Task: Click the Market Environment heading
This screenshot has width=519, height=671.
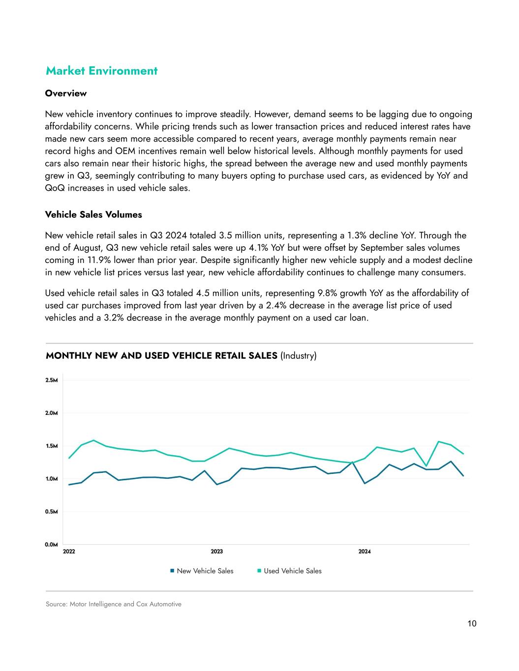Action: coord(101,71)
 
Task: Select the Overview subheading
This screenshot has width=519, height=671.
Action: coord(66,93)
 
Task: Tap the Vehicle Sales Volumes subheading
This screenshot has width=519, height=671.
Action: coord(93,215)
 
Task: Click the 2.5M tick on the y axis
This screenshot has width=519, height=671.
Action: coord(52,380)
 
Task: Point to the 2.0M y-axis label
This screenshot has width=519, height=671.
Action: coord(52,413)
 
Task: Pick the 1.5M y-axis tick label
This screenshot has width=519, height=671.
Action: coord(52,446)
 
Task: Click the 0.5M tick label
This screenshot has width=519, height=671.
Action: coord(52,512)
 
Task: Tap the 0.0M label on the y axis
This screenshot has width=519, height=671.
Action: coord(52,545)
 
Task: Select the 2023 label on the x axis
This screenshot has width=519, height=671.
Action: coord(216,552)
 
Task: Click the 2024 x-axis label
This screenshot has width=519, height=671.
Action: coord(365,552)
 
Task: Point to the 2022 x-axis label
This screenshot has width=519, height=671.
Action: coord(69,552)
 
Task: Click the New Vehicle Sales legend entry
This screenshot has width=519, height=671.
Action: coord(205,571)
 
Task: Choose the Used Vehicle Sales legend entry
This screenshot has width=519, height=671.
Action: coord(292,571)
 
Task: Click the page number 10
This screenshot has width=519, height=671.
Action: coord(472,624)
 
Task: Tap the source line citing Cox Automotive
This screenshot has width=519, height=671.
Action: coord(114,604)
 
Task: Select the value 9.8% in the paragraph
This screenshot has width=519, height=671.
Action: coord(328,293)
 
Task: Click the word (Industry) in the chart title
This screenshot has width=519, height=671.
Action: coord(299,356)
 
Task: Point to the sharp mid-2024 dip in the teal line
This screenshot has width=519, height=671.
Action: coord(427,466)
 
